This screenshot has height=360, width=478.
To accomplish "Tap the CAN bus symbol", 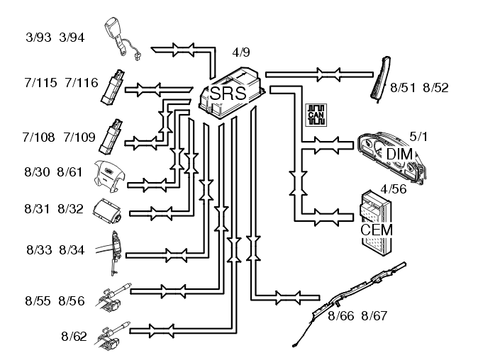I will (x=313, y=114).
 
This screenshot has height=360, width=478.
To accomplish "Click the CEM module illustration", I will (x=377, y=220).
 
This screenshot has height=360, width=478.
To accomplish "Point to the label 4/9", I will (x=242, y=52).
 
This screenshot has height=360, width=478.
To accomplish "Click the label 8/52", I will (x=435, y=88).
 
